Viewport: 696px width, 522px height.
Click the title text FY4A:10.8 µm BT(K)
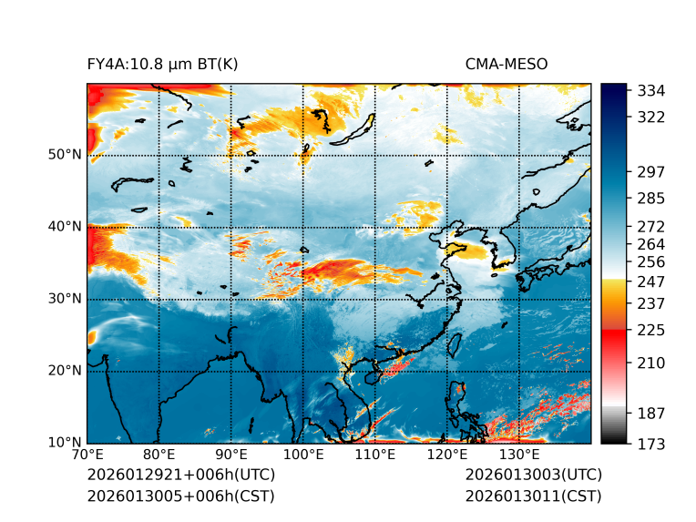162,64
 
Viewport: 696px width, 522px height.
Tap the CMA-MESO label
506,64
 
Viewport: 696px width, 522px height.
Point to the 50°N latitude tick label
64,155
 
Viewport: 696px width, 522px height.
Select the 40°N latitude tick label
64,227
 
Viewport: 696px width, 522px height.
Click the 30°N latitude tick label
64,299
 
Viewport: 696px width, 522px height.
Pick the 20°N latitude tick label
64,371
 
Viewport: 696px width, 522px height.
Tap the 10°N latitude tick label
64,444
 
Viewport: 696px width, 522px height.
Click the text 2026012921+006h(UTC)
180,476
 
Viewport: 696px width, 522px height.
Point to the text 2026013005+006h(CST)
180,496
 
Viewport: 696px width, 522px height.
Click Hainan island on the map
371,377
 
